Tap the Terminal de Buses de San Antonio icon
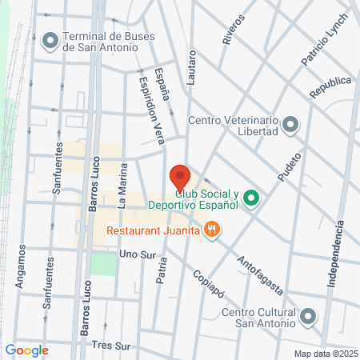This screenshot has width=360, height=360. (x=51, y=38)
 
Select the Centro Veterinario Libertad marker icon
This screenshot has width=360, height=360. (x=290, y=124)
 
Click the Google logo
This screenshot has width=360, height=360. (x=26, y=350)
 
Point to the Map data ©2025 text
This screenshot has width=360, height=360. (x=323, y=353)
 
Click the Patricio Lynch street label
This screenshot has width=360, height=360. (x=326, y=38)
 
